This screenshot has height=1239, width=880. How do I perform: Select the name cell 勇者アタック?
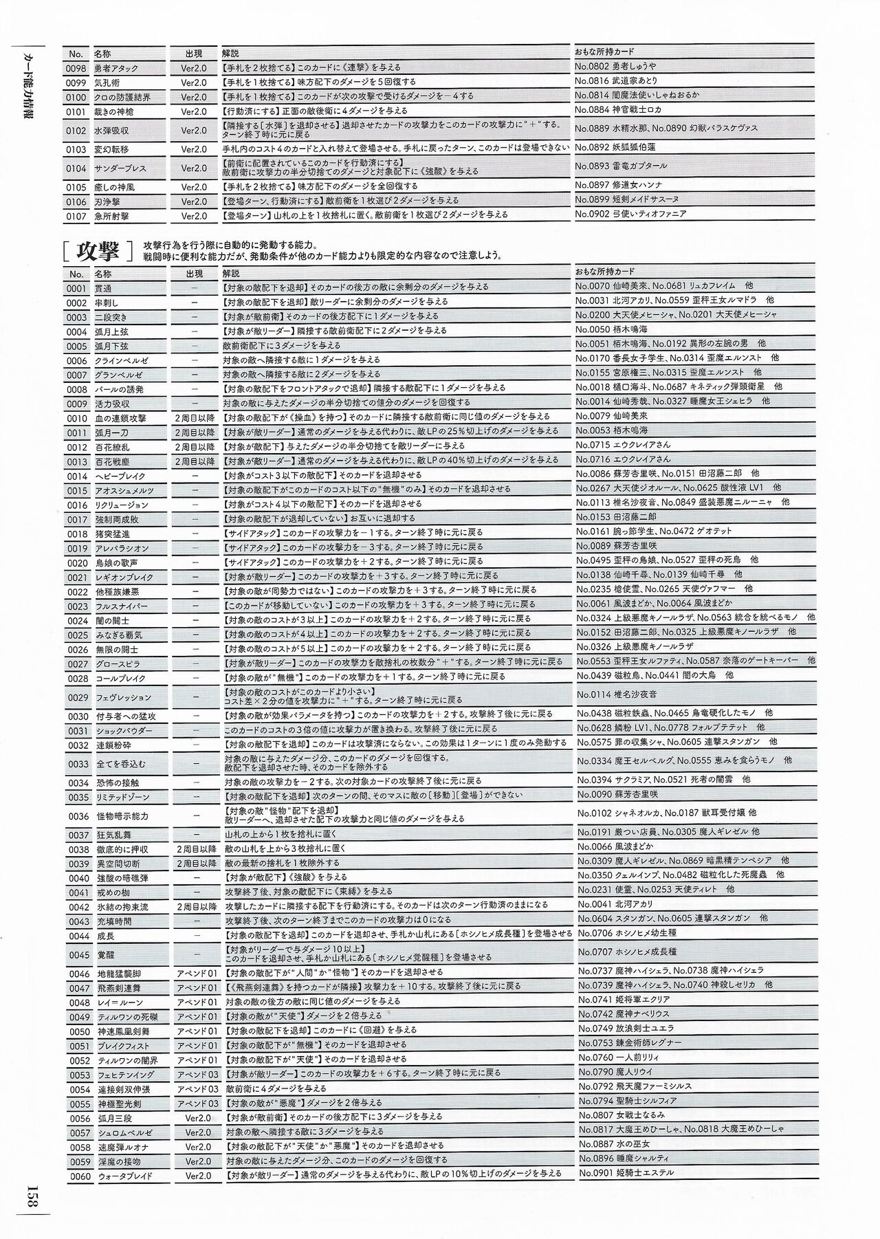coord(116,68)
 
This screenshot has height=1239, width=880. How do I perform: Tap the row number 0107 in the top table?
coord(76,216)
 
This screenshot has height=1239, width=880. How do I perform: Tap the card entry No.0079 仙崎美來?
coord(612,416)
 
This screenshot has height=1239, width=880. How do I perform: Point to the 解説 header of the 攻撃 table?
coord(231,273)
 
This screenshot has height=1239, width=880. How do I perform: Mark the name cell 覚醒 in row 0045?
coord(104,955)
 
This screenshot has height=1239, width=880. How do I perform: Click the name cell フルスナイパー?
coord(121,606)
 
